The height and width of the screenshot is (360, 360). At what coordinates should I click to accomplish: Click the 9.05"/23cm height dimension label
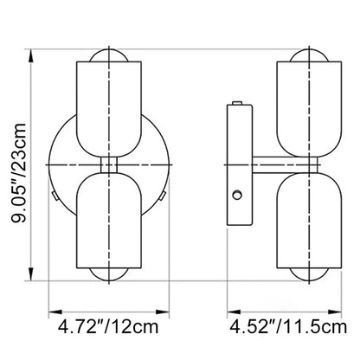(x=19, y=172)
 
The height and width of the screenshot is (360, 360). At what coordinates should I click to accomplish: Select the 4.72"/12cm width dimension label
(x=108, y=327)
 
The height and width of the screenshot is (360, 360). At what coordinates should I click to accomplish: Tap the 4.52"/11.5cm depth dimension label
(x=288, y=327)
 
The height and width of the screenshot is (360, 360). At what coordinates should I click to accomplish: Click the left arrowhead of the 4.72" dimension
(x=55, y=312)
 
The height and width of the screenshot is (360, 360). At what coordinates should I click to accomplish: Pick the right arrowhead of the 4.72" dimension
(x=163, y=312)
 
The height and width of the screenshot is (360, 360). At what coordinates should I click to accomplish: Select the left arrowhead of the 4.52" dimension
(x=234, y=312)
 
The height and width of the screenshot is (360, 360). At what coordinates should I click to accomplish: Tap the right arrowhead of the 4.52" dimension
(x=335, y=312)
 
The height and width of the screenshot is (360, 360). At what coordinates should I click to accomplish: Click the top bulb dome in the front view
(x=109, y=55)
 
